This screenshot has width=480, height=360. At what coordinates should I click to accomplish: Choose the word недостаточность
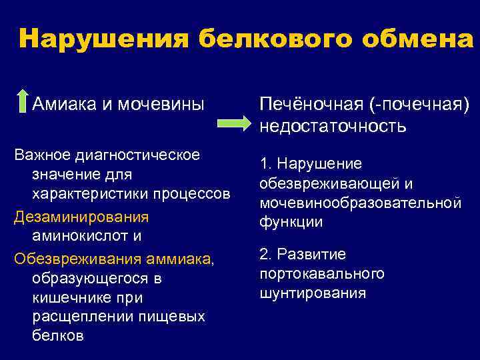(x=333, y=125)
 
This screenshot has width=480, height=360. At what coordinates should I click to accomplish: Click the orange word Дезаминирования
(x=81, y=217)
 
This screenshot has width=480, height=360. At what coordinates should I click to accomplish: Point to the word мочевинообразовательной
(x=360, y=202)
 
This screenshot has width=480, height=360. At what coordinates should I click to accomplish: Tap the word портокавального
(x=322, y=273)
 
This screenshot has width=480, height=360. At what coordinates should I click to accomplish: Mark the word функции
(x=291, y=221)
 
